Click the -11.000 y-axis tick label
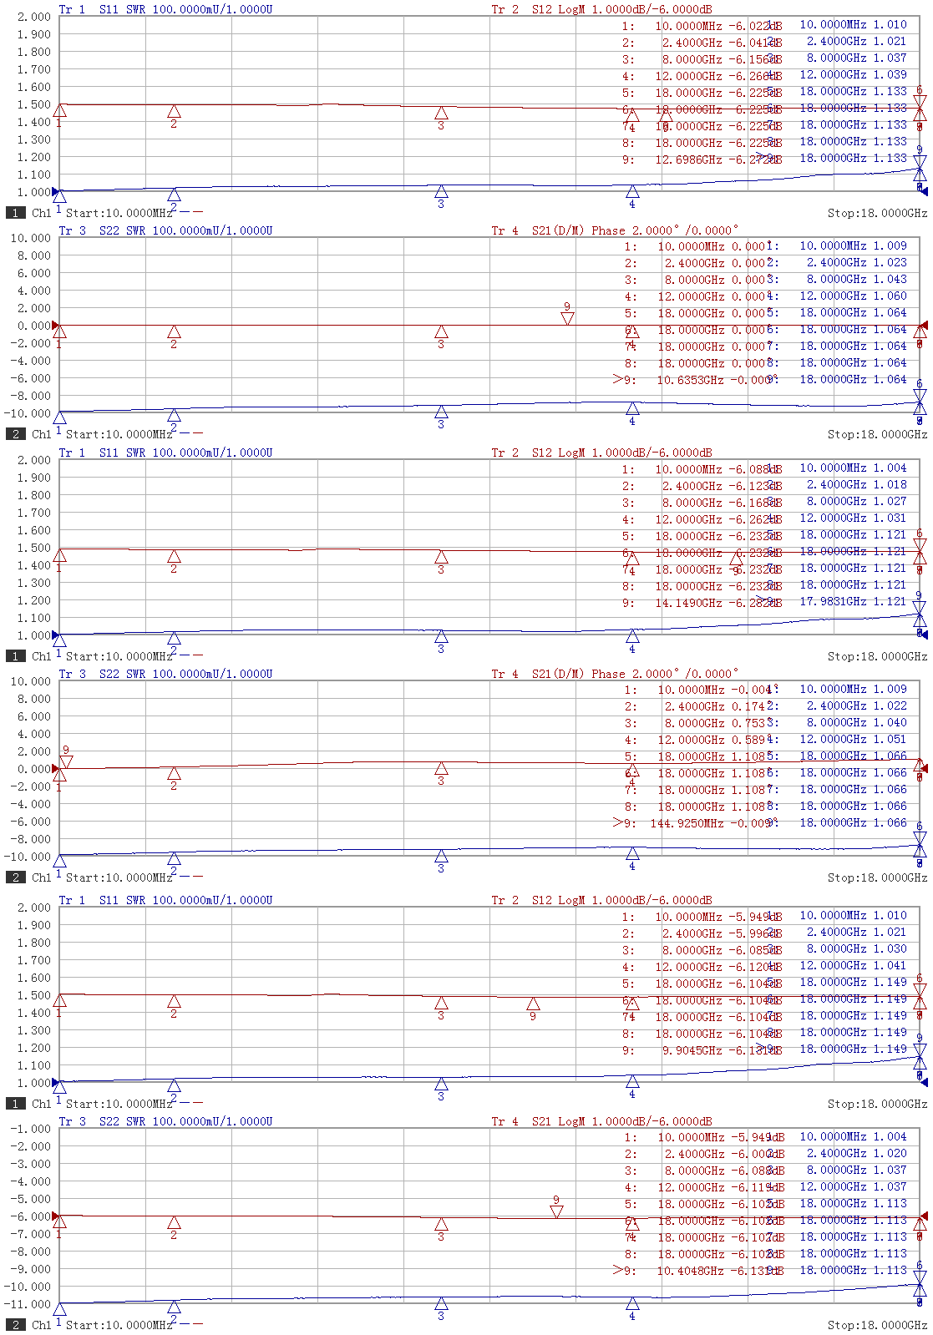[30, 1304]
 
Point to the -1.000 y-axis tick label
[30, 1129]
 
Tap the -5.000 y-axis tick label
[30, 1199]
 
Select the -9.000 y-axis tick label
[30, 1269]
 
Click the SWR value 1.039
[890, 74]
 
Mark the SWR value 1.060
[890, 296]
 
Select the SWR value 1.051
[890, 739]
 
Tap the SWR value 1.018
[890, 484]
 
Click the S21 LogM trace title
[601, 1121]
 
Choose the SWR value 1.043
[890, 279]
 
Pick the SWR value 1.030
[890, 948]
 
